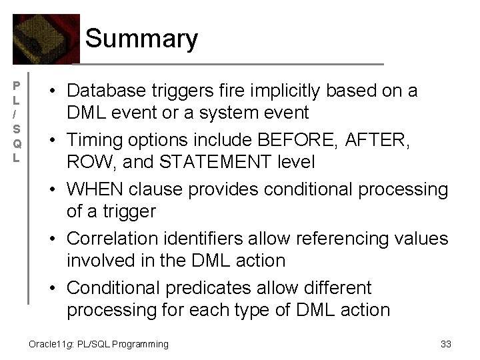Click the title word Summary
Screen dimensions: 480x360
pos(141,39)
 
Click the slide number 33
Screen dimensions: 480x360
pos(446,344)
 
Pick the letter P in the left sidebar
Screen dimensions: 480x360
pos(18,85)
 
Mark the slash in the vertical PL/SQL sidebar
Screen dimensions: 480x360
pos(18,115)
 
